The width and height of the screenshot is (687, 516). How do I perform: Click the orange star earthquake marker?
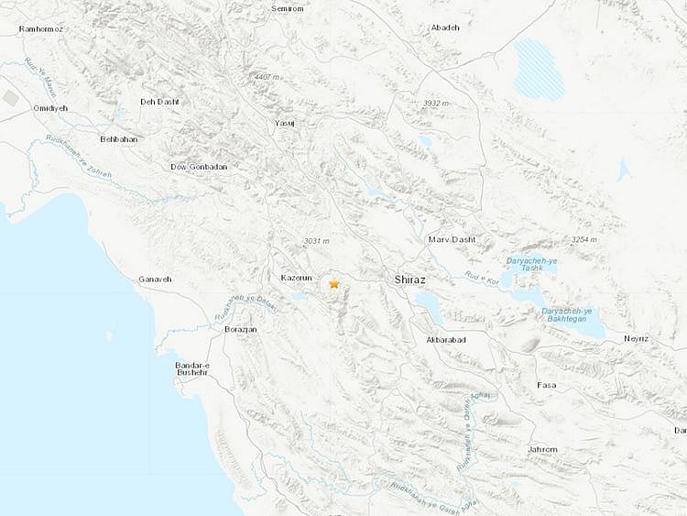334,284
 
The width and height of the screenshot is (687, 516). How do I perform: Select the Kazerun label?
296,277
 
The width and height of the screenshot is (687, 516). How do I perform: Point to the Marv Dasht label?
449,239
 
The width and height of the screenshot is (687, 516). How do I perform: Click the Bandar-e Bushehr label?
192,368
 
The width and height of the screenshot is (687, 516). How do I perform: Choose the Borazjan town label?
240,328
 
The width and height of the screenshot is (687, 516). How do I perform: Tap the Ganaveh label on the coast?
154,279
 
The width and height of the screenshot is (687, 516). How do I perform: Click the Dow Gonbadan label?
199,167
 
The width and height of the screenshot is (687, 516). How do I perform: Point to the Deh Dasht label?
158,102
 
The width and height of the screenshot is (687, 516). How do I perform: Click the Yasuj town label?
286,122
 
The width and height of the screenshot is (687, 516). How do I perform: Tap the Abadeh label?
445,27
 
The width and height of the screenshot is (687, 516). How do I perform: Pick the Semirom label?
287,8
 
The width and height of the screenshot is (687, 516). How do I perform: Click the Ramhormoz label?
42,29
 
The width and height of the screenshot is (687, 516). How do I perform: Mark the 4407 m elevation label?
269,76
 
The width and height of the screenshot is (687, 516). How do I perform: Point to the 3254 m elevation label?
583,239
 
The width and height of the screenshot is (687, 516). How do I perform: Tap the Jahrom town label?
542,449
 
